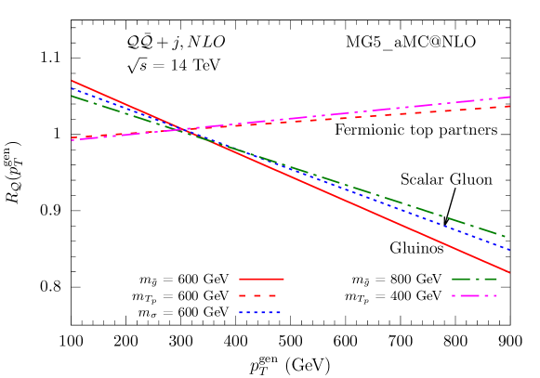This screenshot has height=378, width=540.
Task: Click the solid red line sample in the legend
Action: [261, 279]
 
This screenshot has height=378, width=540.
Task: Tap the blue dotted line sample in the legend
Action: [259, 312]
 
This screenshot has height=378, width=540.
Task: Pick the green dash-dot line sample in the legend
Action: [474, 279]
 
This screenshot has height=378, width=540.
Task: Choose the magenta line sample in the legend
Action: [474, 295]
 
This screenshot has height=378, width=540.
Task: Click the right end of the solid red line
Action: [509, 272]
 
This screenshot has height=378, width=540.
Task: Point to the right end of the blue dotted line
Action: [509, 249]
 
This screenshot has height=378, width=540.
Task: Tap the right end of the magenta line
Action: [509, 97]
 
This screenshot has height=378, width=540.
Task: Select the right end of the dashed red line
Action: [509, 106]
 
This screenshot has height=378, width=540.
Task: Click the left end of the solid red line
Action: [72, 81]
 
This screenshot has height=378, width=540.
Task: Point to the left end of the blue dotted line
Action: [72, 89]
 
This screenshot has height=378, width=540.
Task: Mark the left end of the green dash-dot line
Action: [72, 96]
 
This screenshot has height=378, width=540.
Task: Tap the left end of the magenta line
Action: [72, 139]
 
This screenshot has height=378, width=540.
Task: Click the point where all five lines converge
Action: [184, 129]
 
